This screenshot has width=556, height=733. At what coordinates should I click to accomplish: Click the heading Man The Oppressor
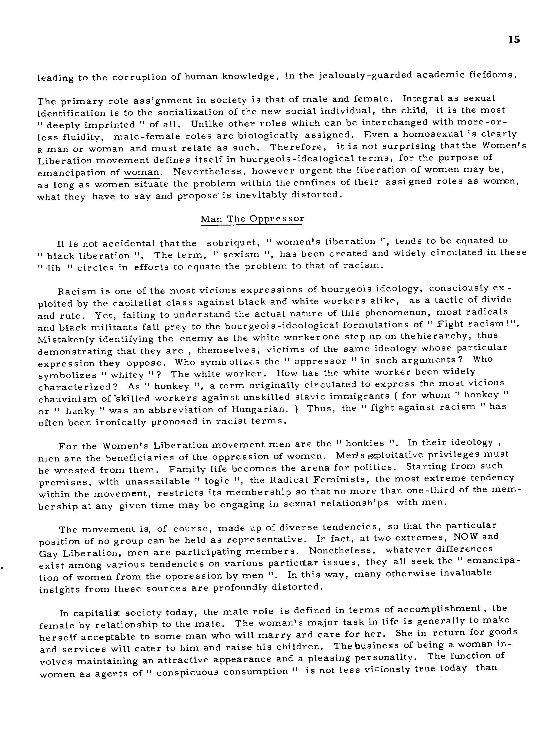click(252, 219)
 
